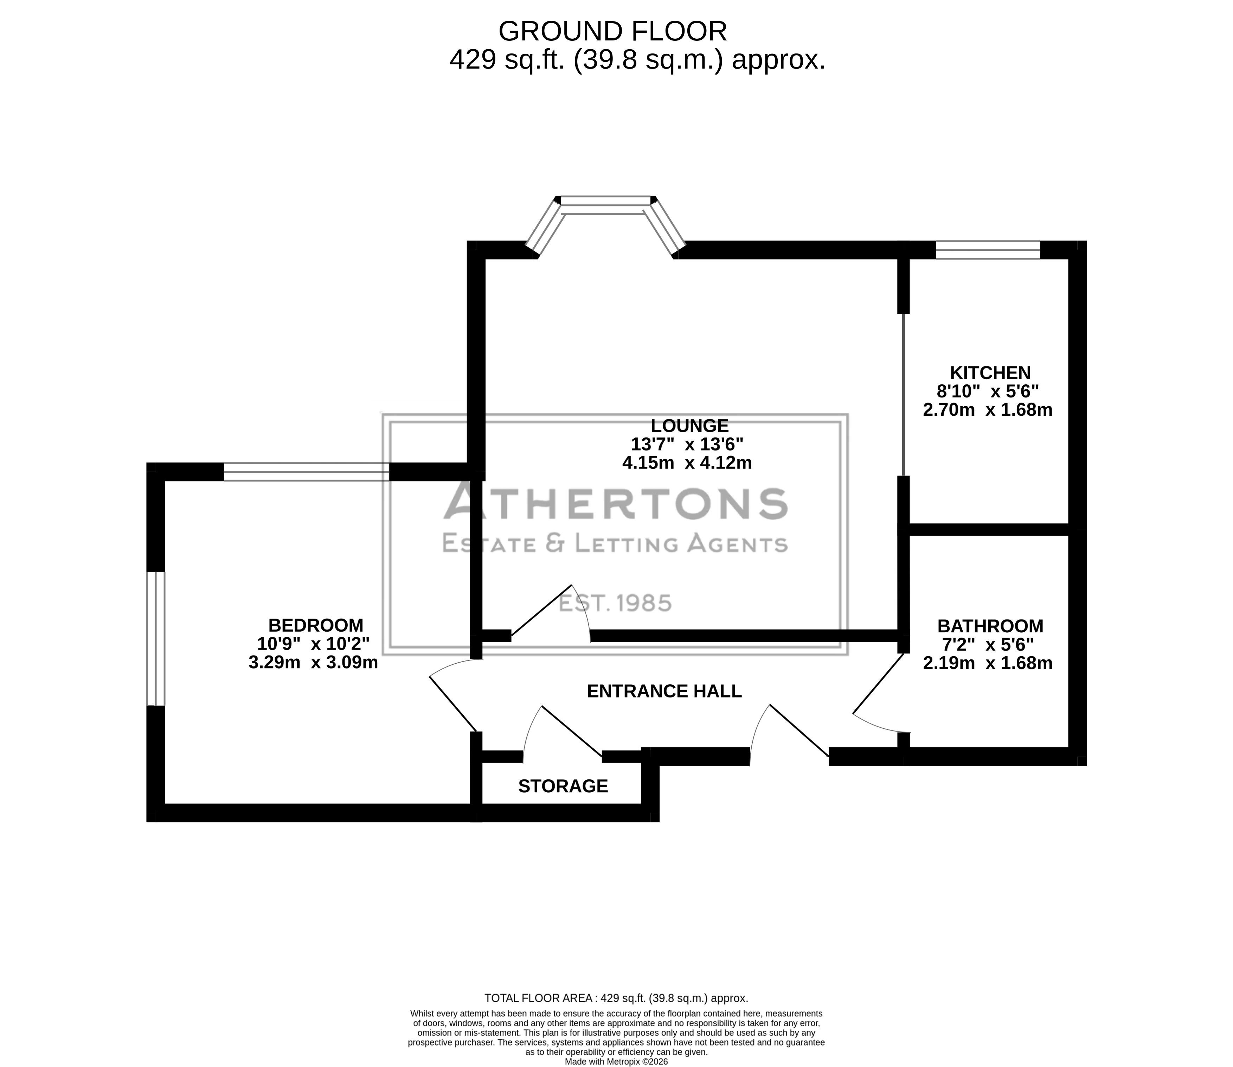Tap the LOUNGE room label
click(689, 426)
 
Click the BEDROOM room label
click(315, 625)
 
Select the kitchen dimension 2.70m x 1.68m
click(988, 410)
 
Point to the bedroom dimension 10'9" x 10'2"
click(313, 644)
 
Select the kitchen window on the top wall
click(988, 249)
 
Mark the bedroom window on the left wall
click(155, 638)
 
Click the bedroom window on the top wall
click(307, 472)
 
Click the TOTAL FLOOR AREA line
click(616, 998)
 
